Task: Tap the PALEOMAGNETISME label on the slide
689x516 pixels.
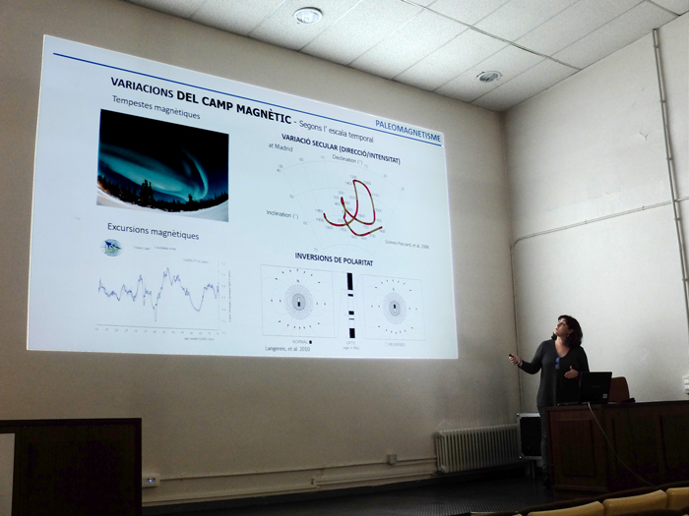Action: click(407, 130)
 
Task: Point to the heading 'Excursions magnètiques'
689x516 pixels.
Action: click(153, 234)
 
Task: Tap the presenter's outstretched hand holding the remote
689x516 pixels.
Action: click(513, 359)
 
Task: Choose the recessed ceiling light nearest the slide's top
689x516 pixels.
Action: click(308, 15)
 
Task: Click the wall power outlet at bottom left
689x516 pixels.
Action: click(151, 481)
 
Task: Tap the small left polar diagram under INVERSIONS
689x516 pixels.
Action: click(298, 300)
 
